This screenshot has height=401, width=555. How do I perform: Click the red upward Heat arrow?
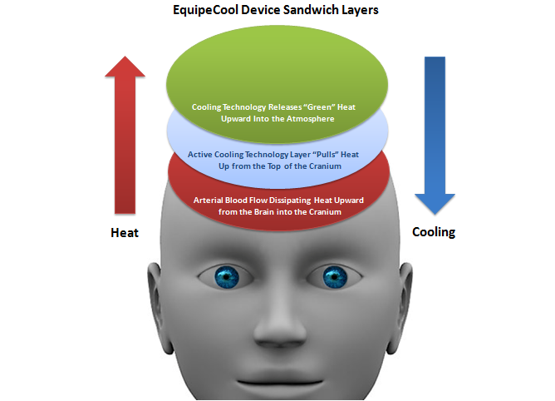click(125, 133)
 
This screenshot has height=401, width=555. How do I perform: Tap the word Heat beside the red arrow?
click(125, 233)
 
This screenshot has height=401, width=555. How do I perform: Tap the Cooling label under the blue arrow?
click(434, 232)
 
